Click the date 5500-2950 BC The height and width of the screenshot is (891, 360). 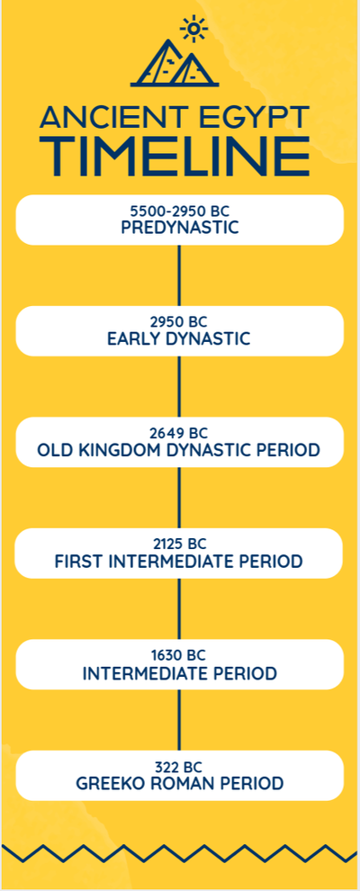tap(179, 212)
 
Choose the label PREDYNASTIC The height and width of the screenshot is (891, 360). tap(179, 228)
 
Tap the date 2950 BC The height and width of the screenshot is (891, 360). tap(179, 323)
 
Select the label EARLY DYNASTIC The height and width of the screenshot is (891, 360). tap(179, 339)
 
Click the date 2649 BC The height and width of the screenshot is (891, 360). tap(179, 434)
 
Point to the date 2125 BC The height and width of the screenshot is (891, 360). tap(179, 545)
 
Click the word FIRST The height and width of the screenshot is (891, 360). tap(79, 562)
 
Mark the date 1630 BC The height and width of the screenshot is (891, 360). tap(179, 657)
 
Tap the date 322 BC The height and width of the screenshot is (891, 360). tap(179, 768)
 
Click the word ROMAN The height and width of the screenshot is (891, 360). tap(181, 784)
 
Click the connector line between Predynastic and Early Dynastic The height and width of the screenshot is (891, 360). tap(179, 275)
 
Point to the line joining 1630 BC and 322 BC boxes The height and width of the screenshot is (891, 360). tap(179, 720)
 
